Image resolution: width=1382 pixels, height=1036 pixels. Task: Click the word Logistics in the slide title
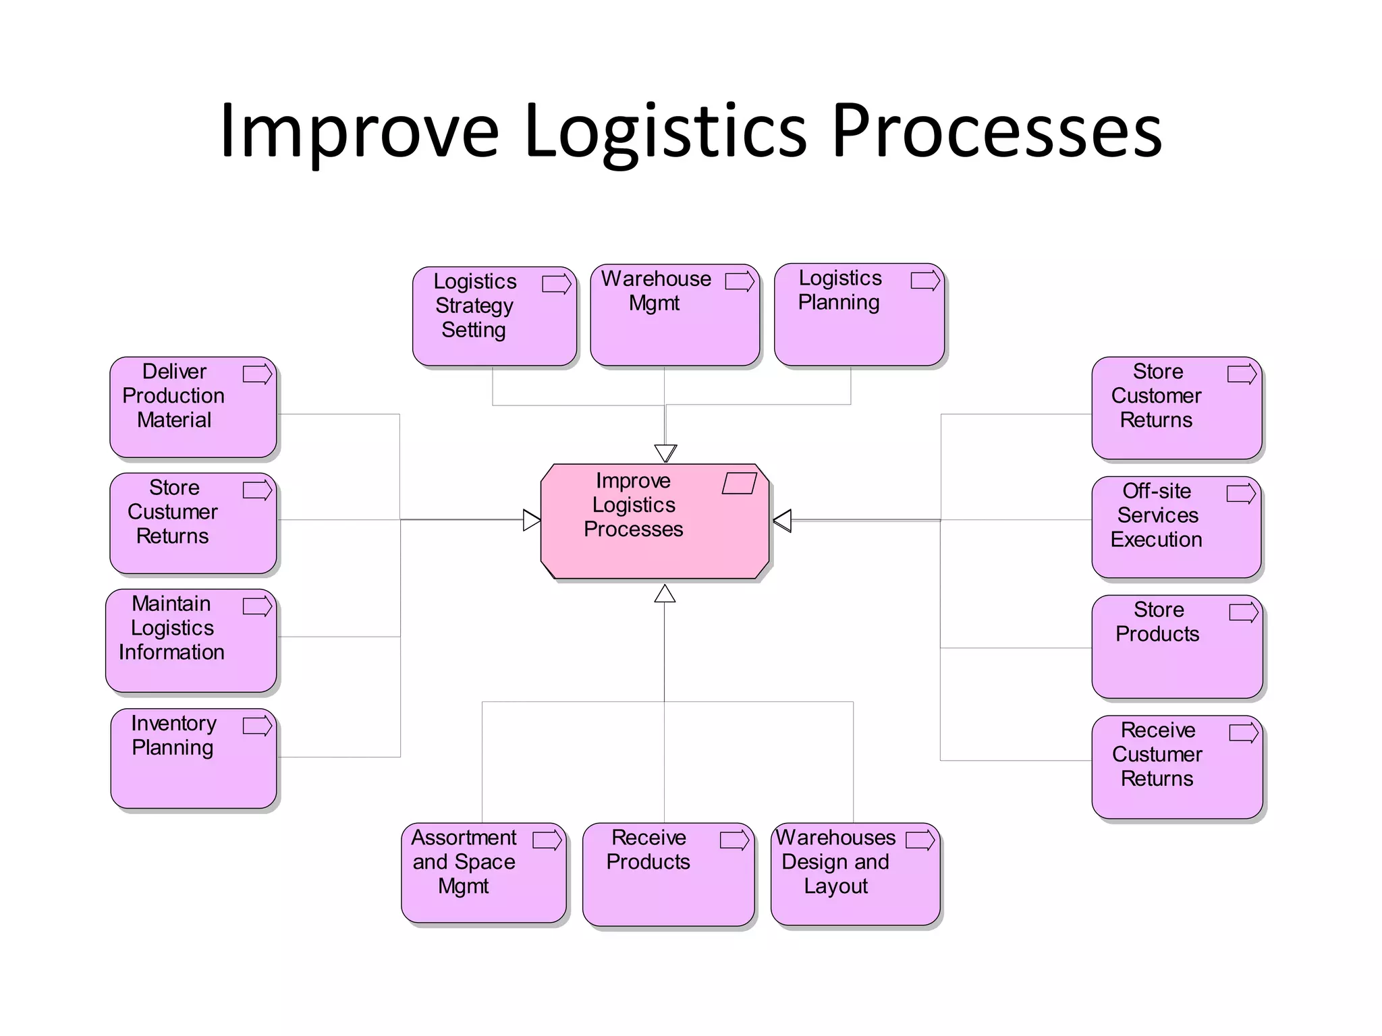[x=665, y=132]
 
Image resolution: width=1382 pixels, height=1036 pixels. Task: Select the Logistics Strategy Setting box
[x=494, y=316]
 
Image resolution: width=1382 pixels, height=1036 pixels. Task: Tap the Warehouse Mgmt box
[x=674, y=315]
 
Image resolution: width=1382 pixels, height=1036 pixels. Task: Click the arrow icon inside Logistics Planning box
[x=925, y=281]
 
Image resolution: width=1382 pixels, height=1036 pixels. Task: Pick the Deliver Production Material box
[x=194, y=407]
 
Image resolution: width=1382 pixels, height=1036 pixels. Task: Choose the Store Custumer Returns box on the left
[x=194, y=523]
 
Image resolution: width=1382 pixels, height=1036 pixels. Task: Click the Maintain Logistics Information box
[x=192, y=640]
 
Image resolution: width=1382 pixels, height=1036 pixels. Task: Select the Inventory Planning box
[x=194, y=758]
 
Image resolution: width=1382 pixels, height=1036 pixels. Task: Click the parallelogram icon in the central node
[x=740, y=484]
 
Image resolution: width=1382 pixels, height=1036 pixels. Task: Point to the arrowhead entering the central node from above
[x=665, y=453]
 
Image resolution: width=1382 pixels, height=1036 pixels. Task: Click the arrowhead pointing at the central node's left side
[x=532, y=520]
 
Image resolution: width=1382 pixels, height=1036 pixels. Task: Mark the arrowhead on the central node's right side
[x=782, y=521]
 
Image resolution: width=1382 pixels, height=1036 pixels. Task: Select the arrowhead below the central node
[x=665, y=594]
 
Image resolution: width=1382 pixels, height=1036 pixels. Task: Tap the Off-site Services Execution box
[x=1176, y=527]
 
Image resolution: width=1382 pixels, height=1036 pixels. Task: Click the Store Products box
[x=1177, y=646]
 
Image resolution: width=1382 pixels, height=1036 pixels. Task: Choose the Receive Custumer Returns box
[x=1177, y=767]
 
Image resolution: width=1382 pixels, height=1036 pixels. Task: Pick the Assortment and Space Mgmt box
[x=484, y=873]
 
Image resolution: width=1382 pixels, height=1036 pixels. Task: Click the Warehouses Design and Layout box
[x=855, y=873]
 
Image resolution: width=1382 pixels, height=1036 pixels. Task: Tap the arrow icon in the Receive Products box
[x=735, y=840]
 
